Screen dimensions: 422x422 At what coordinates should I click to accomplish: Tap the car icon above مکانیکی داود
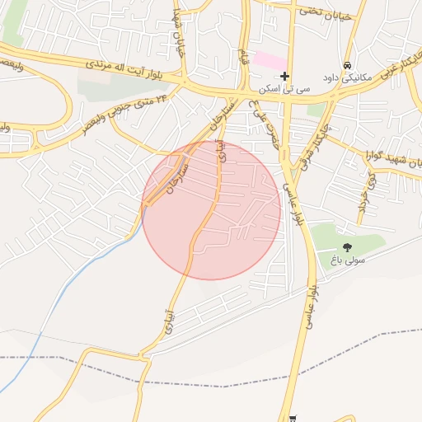click(x=348, y=64)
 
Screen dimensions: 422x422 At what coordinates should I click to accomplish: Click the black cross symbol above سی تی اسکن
click(x=284, y=77)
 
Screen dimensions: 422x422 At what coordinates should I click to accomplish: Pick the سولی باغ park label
click(x=347, y=260)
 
